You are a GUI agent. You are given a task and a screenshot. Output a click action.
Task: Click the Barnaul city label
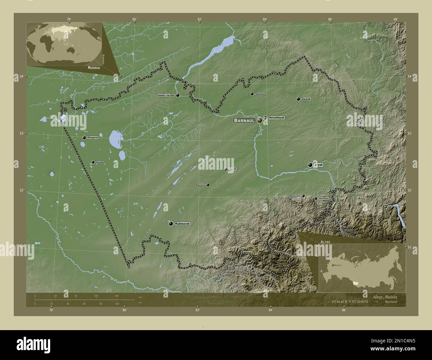pyautogui.click(x=245, y=121)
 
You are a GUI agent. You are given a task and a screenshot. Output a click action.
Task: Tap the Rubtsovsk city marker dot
pyautogui.click(x=171, y=224)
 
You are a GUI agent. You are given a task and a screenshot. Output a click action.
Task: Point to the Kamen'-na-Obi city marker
pyautogui.click(x=178, y=95)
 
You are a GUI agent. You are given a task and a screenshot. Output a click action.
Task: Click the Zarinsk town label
pyautogui.click(x=306, y=99)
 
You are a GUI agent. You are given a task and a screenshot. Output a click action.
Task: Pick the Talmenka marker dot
pyautogui.click(x=252, y=94)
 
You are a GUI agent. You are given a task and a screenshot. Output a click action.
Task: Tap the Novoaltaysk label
pyautogui.click(x=276, y=118)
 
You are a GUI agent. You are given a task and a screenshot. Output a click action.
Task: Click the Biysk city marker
pyautogui.click(x=310, y=164)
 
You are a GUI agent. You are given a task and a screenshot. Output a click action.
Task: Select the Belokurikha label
pyautogui.click(x=295, y=196)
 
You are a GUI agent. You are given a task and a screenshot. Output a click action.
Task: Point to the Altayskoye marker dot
pyautogui.click(x=316, y=199)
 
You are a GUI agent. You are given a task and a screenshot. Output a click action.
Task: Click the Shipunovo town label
pyautogui.click(x=200, y=185)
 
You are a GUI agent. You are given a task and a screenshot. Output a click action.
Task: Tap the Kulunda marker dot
pyautogui.click(x=93, y=162)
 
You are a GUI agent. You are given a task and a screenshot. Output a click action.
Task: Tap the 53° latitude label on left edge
pyautogui.click(x=21, y=133)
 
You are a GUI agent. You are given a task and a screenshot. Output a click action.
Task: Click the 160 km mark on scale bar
pyautogui.click(x=117, y=296)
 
